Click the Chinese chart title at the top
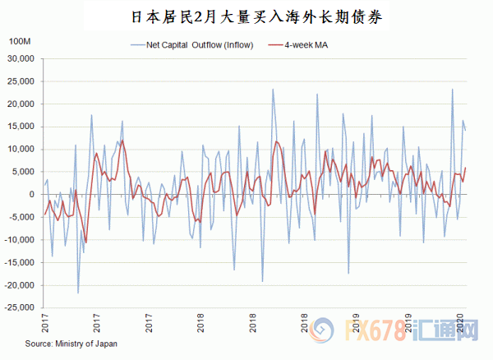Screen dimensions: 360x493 [246, 16]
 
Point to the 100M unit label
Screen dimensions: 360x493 [19, 42]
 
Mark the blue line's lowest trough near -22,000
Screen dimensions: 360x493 [78, 293]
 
